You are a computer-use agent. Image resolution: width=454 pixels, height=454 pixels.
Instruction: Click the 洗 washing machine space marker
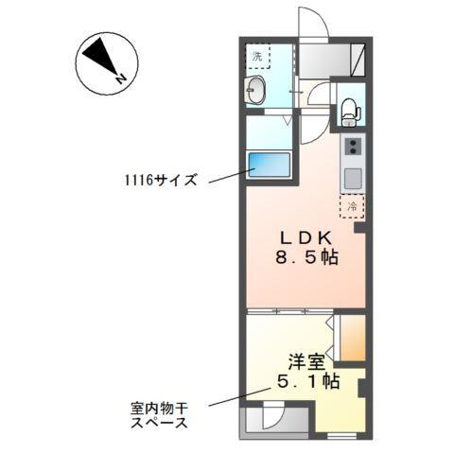257,55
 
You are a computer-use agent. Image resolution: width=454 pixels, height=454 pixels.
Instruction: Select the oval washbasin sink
256,93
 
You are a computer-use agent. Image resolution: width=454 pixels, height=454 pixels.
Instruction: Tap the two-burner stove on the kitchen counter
352,148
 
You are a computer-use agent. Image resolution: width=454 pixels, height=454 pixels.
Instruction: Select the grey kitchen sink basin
352,177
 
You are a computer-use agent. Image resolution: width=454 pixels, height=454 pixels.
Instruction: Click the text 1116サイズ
160,178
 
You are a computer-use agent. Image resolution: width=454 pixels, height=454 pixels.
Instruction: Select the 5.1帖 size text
306,382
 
